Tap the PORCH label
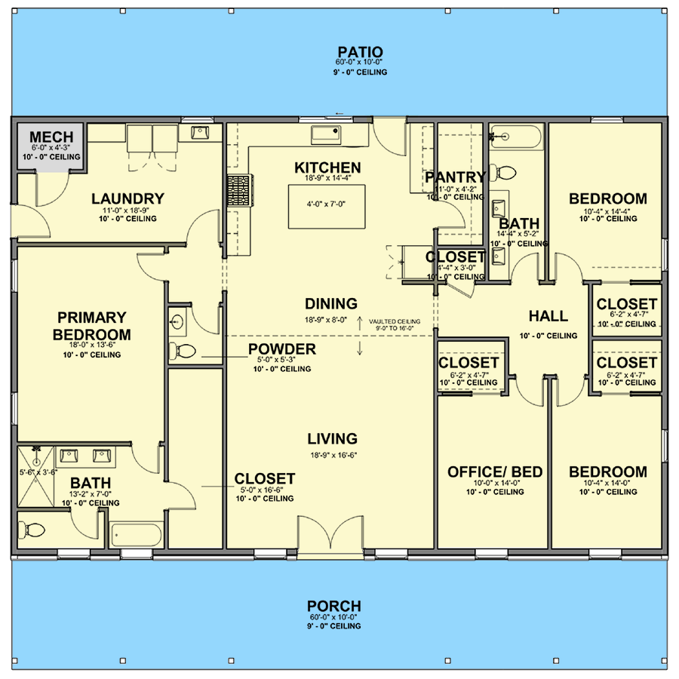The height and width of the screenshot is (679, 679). (333, 606)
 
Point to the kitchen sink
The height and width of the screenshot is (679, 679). (326, 135)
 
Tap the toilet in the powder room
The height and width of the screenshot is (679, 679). (182, 350)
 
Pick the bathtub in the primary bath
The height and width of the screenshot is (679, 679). (136, 536)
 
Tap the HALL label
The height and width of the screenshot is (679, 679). (548, 316)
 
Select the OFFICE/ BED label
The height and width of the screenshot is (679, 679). (494, 472)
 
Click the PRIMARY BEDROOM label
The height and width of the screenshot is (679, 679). (92, 326)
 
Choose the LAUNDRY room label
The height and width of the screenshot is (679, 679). (128, 199)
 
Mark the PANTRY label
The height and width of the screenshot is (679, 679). (454, 177)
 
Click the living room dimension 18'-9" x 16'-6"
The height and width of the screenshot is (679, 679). (332, 456)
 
